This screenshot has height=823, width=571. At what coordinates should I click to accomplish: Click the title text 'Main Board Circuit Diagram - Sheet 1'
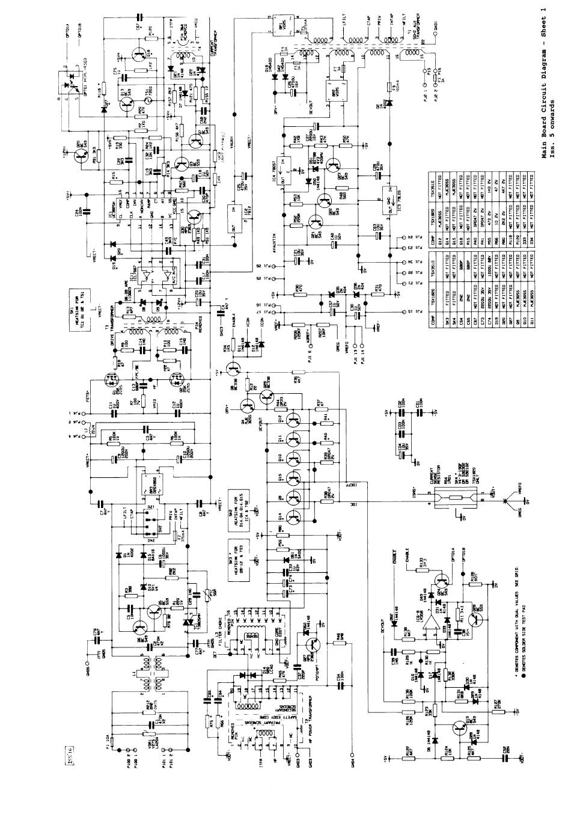click(544, 84)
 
